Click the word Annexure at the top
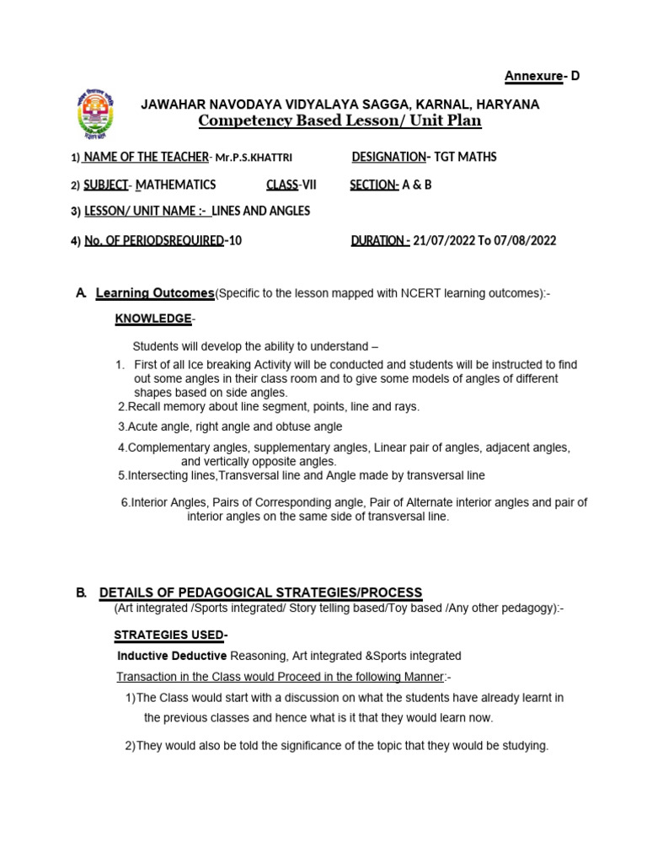click(533, 77)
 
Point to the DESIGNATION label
click(388, 157)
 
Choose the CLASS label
click(282, 185)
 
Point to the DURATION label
click(379, 240)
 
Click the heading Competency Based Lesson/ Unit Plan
click(340, 121)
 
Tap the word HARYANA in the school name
click(507, 105)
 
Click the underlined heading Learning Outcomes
click(155, 292)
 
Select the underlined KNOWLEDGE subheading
click(153, 319)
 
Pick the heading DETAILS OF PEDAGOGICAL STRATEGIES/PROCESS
click(260, 592)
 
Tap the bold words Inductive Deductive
click(172, 655)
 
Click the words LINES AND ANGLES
click(260, 211)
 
